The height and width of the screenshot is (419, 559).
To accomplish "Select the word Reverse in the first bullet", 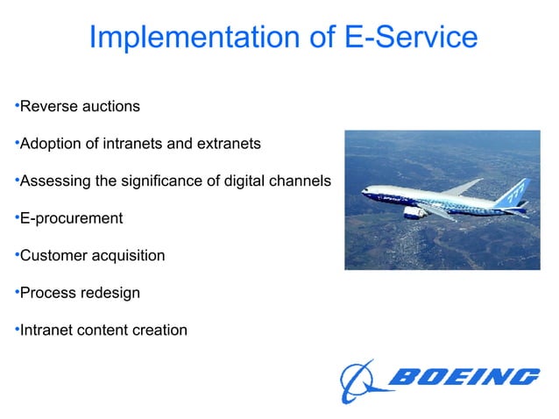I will click(47, 106).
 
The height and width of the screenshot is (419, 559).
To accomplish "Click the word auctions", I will click(110, 106).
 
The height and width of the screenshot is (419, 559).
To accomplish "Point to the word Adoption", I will click(50, 144).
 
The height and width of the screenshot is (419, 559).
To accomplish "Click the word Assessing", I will click(54, 181).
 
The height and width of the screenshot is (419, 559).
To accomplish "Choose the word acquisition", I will click(129, 256).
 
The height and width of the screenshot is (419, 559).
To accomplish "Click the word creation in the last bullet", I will click(159, 330).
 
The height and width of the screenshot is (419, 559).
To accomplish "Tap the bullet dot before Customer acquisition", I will click(16, 255).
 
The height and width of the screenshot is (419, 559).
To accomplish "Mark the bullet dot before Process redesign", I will click(16, 292).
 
